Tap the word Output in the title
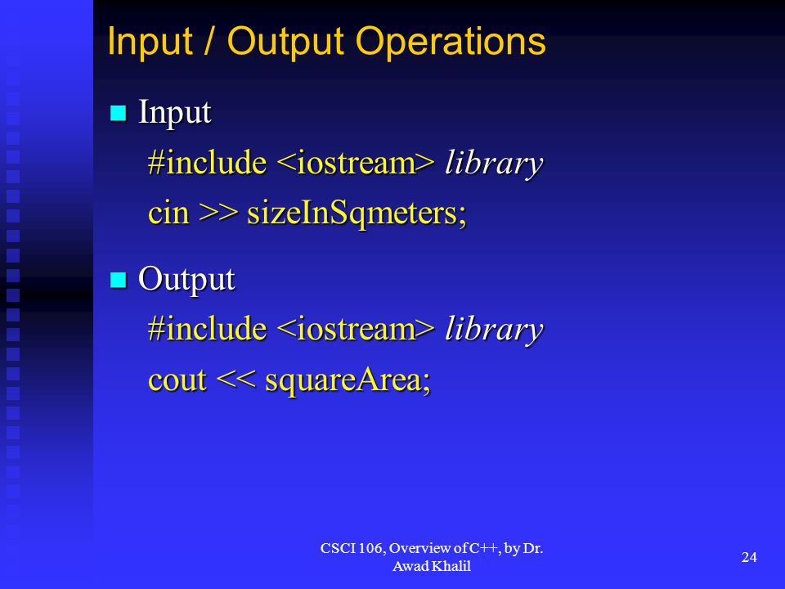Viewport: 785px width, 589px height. point(285,41)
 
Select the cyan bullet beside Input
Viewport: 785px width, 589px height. point(118,113)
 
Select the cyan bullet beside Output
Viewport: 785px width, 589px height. point(118,280)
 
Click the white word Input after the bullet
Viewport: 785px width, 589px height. point(175,113)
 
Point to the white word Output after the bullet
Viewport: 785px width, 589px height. point(186,280)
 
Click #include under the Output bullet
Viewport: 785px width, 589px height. point(207,329)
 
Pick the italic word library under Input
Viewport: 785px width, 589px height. point(494,164)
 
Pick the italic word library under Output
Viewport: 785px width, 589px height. point(494,330)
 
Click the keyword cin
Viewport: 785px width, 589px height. point(168,214)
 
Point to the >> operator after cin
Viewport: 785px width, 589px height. point(218,214)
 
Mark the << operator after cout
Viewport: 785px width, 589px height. point(235,380)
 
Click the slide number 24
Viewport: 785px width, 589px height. point(749,557)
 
